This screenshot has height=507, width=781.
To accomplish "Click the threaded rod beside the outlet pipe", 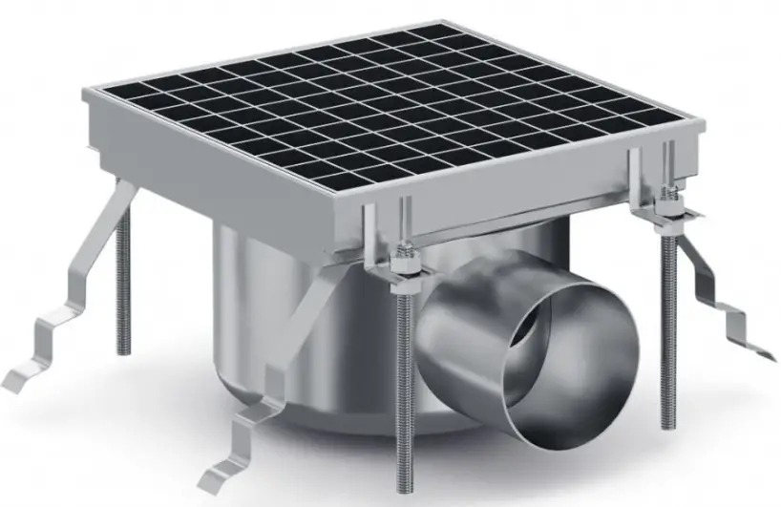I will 406,382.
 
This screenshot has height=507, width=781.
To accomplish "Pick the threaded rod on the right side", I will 668,315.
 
